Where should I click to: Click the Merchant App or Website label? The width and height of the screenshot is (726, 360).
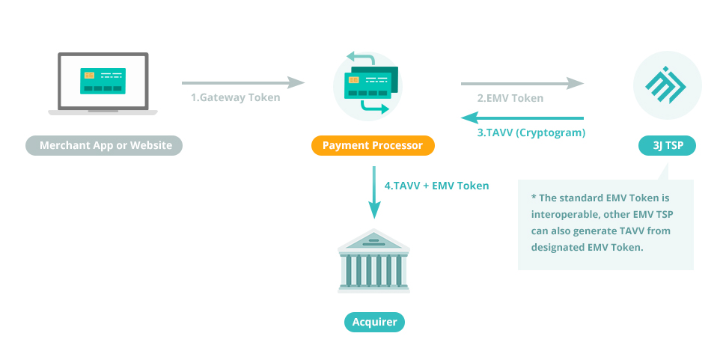104,145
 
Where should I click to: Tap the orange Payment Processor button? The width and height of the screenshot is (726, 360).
373,145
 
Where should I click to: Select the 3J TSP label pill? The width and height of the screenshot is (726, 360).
667,145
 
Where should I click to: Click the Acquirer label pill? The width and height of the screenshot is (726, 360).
374,323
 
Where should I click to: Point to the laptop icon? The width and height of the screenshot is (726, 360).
103,84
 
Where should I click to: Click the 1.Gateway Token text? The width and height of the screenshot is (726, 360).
235,97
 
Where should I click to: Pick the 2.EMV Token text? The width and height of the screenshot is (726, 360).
510,98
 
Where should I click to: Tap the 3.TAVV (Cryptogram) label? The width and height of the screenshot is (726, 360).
531,132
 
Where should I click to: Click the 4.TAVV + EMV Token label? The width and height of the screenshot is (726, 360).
436,185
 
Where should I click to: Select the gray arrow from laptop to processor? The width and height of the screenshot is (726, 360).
243,82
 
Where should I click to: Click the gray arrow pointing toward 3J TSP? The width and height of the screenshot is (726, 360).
522,82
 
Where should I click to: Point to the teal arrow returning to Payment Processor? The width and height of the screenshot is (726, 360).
522,118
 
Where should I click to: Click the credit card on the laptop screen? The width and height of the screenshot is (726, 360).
103,80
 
